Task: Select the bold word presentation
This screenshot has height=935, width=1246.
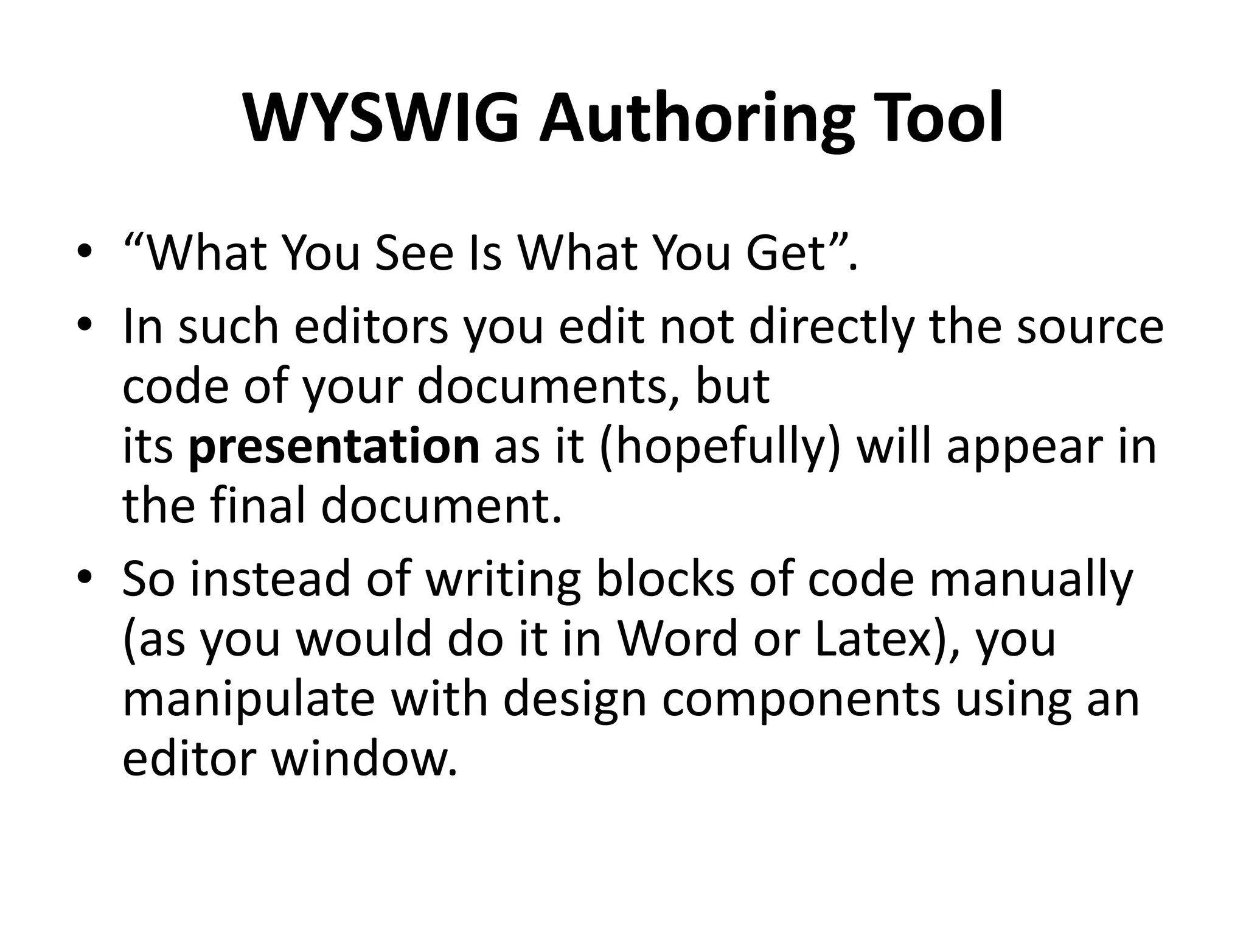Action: [x=334, y=446]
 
